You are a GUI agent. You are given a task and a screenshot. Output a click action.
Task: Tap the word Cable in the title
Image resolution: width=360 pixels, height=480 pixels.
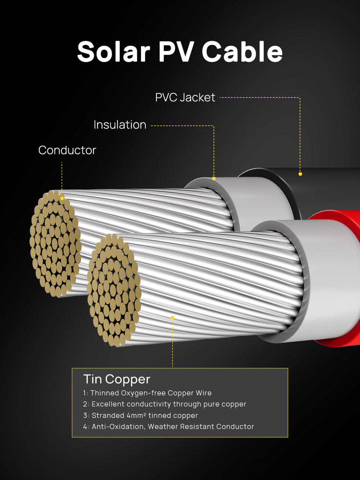coord(242,52)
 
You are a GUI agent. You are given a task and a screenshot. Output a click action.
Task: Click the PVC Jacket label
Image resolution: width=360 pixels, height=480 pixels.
coord(185,98)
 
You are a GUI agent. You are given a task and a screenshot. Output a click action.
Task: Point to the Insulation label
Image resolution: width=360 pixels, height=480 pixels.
coord(120,125)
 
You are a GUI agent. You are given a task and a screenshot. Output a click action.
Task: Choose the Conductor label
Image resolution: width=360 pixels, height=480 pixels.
coord(67,150)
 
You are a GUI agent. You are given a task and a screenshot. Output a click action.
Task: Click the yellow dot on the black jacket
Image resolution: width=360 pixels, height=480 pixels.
coord(300,174)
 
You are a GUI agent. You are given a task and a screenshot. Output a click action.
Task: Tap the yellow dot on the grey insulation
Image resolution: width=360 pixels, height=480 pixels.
coord(214,178)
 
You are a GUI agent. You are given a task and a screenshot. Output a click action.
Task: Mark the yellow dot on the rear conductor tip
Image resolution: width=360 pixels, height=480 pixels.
coord(62,198)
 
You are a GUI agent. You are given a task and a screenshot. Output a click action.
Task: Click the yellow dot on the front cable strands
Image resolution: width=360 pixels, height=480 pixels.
coord(173,318)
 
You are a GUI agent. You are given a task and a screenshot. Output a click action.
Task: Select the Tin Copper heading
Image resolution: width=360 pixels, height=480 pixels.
coord(117,379)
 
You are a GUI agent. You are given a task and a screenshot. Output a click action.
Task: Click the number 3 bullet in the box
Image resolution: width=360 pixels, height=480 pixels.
coord(86,415)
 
